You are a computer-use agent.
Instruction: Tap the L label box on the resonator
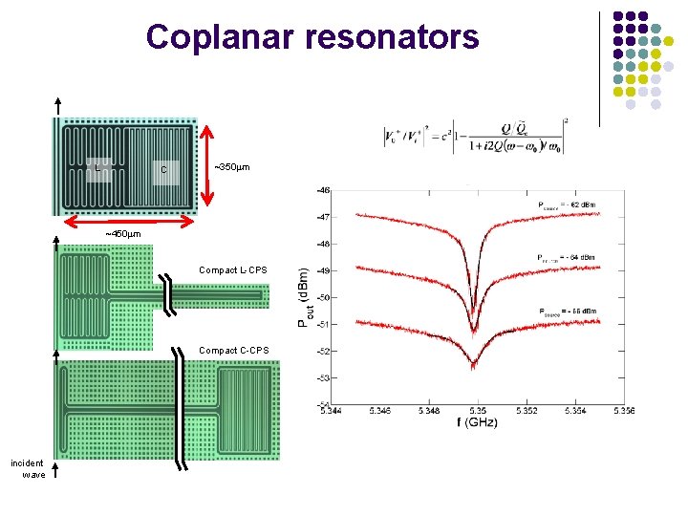point(98,168)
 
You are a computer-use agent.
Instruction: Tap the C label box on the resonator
point(164,169)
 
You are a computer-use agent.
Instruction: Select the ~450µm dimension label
point(122,234)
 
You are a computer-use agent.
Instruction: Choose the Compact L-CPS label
point(233,270)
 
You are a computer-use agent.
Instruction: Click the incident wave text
point(28,468)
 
